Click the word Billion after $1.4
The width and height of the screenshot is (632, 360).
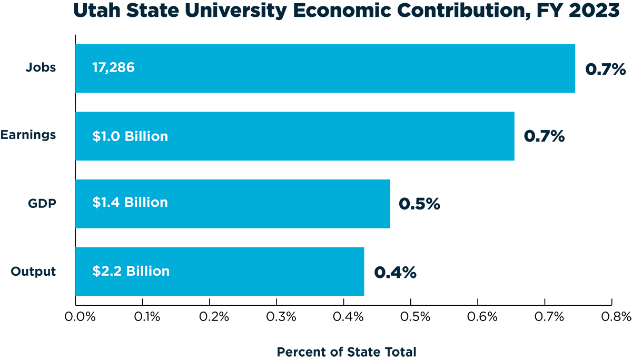tap(148, 202)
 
